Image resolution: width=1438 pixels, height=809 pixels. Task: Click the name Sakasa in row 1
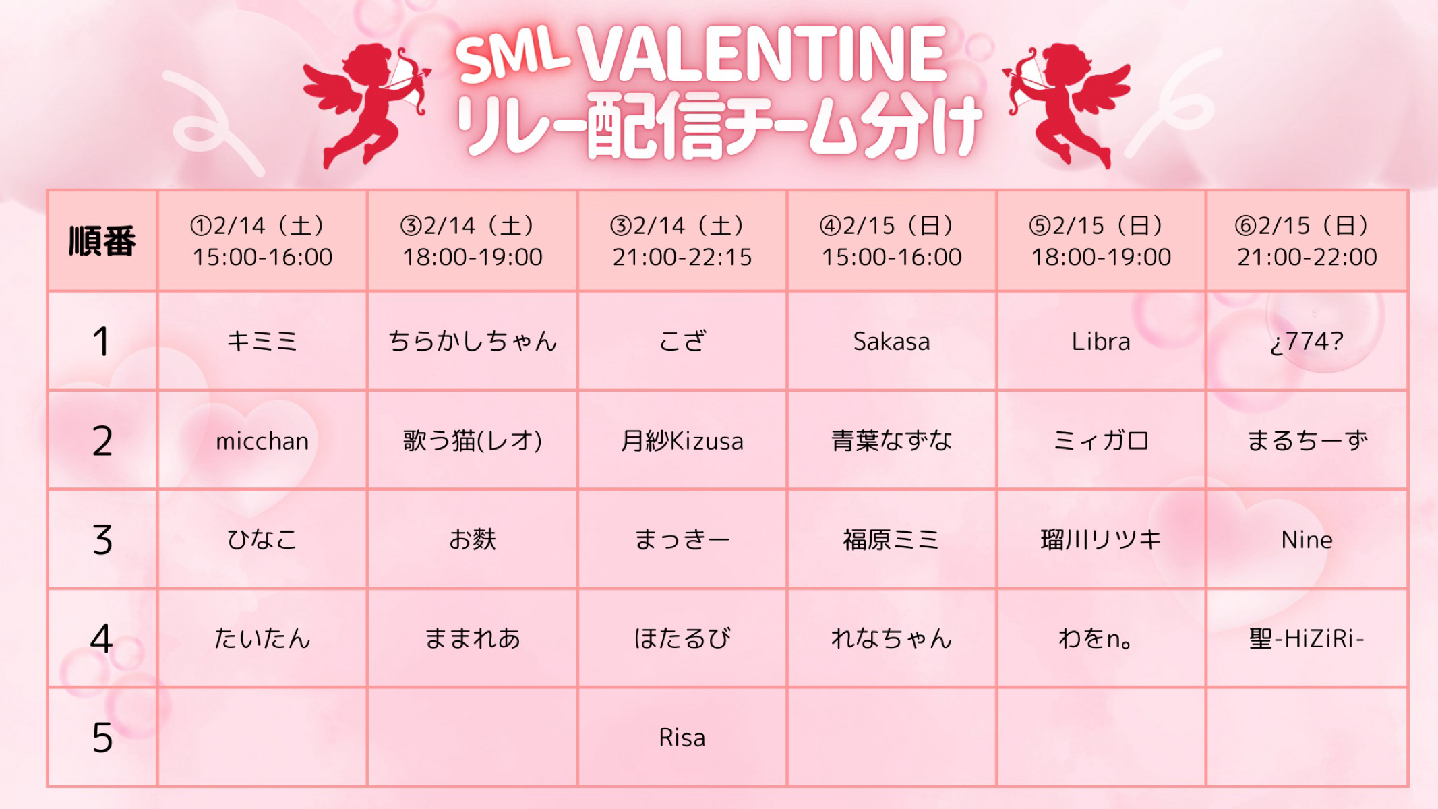pos(891,342)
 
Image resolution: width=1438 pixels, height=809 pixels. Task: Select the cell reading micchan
pos(262,441)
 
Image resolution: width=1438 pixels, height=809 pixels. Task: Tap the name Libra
pos(1101,342)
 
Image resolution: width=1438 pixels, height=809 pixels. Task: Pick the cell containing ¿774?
pos(1307,342)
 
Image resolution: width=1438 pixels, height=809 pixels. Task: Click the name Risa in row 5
pos(682,738)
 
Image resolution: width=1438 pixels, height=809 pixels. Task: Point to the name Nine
pos(1307,540)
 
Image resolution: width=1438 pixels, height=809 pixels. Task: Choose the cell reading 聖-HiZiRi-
pos(1307,638)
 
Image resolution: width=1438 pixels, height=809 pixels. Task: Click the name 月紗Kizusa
pos(682,441)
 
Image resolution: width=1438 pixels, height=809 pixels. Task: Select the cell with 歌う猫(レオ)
pos(473,441)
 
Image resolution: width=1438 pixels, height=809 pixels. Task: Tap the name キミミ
pos(262,342)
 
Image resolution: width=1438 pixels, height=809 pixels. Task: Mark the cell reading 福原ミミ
pos(891,540)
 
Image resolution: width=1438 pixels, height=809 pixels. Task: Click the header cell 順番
pos(102,241)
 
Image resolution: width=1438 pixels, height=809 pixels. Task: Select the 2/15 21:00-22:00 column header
pos(1307,241)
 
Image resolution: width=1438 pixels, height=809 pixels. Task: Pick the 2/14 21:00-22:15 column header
pos(682,241)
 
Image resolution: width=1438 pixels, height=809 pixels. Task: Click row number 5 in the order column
pos(102,738)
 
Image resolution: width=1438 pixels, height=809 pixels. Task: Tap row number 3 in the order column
pos(102,540)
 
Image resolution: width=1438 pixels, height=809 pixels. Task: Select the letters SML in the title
pos(512,57)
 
